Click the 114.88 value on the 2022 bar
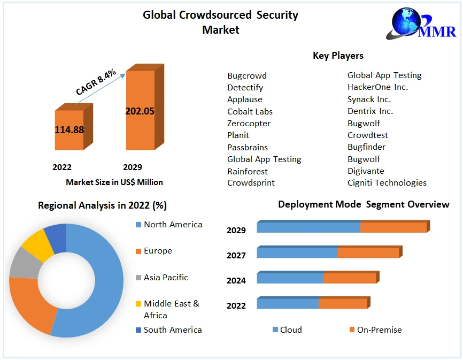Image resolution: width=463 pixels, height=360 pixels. pos(69,129)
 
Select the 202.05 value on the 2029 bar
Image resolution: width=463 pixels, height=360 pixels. pos(140,111)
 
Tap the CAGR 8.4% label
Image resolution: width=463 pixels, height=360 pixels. pos(96,82)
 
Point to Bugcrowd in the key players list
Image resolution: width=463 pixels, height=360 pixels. pos(246,76)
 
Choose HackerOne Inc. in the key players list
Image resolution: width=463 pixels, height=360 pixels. pos(377,87)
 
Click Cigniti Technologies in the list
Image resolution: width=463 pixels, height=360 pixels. pos(387,183)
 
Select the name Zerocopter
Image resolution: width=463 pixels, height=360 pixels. pos(249,124)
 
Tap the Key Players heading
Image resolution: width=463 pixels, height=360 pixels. pos(338,56)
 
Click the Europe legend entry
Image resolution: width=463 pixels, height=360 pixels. pos(158,251)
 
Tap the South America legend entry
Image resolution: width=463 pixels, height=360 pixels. pos(173,330)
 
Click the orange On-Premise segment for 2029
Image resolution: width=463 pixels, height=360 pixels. pos(393,227)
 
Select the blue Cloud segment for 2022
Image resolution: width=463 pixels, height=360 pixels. pos(288,304)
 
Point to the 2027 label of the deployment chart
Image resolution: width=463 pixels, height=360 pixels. pos(236,255)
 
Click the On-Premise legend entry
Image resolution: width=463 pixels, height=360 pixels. pos(379,330)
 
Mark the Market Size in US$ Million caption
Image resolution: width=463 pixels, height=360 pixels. pos(114,182)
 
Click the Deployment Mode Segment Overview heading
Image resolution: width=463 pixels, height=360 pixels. pos(364,204)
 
